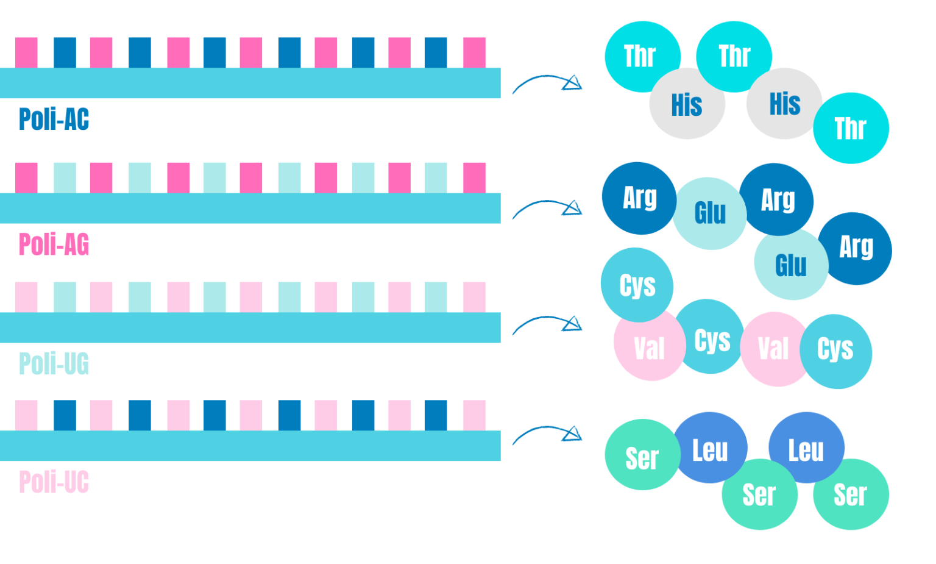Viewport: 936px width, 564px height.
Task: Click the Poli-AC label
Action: [54, 119]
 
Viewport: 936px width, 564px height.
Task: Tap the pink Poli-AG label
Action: [54, 245]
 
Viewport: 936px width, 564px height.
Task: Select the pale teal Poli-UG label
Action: [54, 363]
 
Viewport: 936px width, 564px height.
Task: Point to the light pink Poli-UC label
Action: [54, 482]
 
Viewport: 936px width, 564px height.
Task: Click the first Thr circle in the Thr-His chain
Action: [640, 55]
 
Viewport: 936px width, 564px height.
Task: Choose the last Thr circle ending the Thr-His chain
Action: [851, 128]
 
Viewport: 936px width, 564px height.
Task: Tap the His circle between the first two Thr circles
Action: [687, 104]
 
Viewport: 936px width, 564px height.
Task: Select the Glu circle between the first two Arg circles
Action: [710, 213]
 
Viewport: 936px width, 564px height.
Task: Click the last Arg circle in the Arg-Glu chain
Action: [856, 248]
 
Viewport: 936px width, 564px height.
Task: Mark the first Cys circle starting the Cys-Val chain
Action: [637, 284]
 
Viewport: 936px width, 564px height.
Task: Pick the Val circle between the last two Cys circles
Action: [773, 349]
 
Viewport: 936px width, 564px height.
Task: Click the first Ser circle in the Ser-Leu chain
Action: [642, 455]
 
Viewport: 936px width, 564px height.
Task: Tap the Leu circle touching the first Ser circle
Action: [711, 448]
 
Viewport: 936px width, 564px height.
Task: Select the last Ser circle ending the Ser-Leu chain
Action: [851, 494]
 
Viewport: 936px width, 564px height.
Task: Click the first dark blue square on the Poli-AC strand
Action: [65, 52]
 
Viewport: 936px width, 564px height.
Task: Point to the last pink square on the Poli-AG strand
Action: [474, 177]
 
